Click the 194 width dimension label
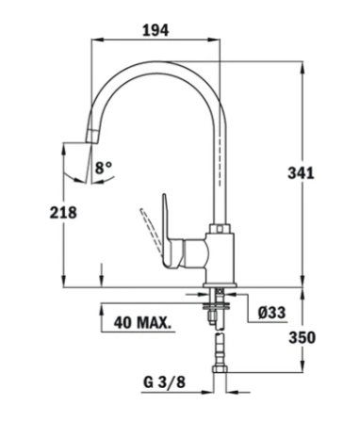155,30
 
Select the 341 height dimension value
301,173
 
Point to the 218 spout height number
63,213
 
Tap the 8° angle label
104,168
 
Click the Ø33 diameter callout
272,313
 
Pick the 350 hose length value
302,337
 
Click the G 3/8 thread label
165,382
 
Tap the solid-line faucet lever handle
172,234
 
